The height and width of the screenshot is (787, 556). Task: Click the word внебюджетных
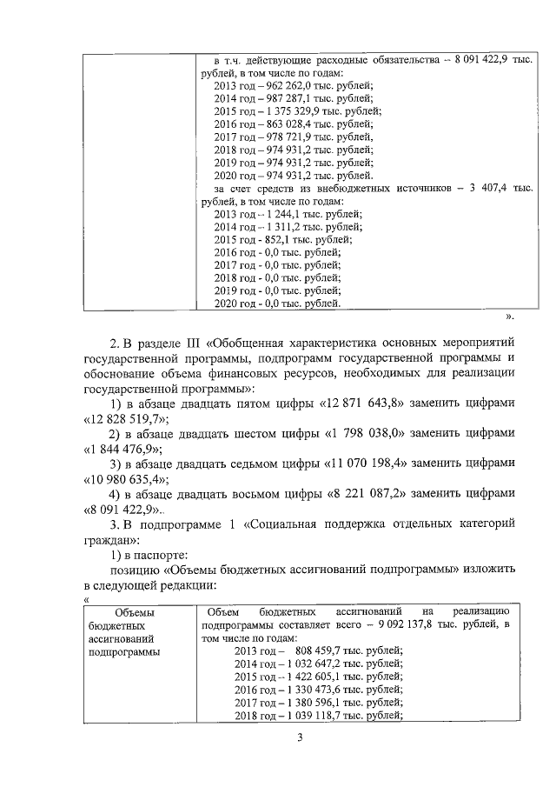click(372, 187)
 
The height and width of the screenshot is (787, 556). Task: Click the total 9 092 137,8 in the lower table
click(413, 625)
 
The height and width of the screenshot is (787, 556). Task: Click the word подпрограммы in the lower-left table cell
click(123, 651)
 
